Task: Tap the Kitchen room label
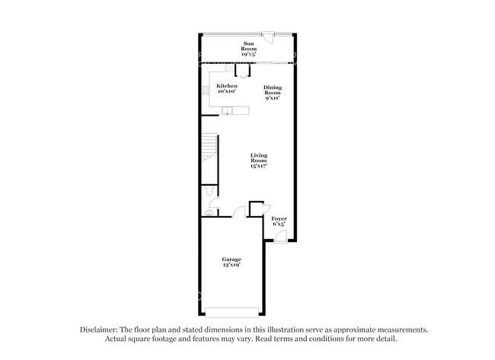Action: coord(226,89)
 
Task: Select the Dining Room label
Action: coord(273,92)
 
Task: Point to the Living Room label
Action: coord(259,160)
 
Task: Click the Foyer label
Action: coord(279,221)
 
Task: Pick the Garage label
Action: coord(232,263)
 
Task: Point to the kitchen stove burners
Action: coord(206,91)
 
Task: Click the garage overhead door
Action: coord(232,311)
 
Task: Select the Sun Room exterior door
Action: coord(268,34)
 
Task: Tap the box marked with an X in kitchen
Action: coord(229,69)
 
